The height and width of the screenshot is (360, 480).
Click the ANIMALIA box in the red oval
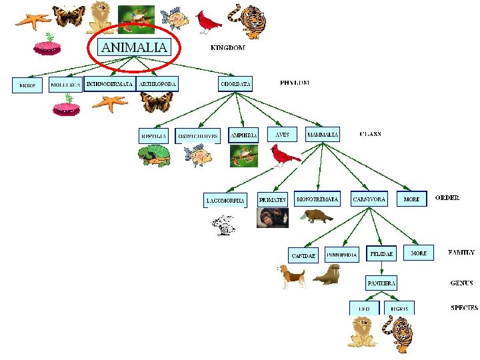coord(134,47)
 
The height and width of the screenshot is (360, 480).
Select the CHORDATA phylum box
coord(236,84)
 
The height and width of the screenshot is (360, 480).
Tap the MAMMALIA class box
coord(323,134)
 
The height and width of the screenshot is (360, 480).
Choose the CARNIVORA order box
coord(369,199)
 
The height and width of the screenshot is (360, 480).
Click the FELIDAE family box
coord(382,254)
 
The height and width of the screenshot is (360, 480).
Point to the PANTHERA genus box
coord(381,283)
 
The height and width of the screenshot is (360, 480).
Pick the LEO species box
coord(364,309)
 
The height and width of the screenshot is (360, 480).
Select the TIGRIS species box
coord(399,309)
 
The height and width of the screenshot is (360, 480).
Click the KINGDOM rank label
coord(227,48)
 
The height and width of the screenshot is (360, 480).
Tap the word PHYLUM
coord(295,83)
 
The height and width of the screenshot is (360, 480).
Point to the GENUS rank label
coord(461,283)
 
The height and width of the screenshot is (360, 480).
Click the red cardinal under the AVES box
coord(285,156)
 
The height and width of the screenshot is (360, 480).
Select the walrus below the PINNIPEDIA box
coord(327,274)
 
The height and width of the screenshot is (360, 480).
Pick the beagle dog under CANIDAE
coord(292,275)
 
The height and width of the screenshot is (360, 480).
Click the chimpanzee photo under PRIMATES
coord(273,218)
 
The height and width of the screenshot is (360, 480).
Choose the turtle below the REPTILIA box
coord(154,156)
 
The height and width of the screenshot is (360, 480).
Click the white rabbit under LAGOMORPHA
coord(224,225)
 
